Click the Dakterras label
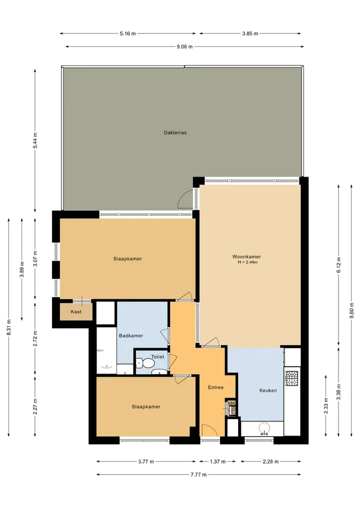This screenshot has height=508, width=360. pyautogui.click(x=175, y=132)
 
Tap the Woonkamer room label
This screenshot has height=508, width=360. pyautogui.click(x=246, y=257)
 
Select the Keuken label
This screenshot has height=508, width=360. pyautogui.click(x=268, y=391)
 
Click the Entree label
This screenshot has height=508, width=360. pyautogui.click(x=215, y=387)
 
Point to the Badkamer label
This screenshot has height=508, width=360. pyautogui.click(x=131, y=336)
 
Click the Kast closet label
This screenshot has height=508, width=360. pyautogui.click(x=76, y=312)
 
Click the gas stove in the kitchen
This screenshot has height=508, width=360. pyautogui.click(x=291, y=379)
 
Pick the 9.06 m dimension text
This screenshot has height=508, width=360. pyautogui.click(x=184, y=46)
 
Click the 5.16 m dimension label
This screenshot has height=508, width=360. pyautogui.click(x=128, y=33)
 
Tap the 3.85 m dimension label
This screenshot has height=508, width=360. pyautogui.click(x=250, y=33)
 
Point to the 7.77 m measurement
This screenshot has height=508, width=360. pyautogui.click(x=198, y=475)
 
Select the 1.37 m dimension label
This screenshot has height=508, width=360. pyautogui.click(x=217, y=462)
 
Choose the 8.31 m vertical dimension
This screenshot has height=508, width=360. pyautogui.click(x=9, y=328)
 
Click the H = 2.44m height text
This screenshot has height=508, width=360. pyautogui.click(x=248, y=262)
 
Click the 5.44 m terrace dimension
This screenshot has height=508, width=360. pyautogui.click(x=35, y=140)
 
